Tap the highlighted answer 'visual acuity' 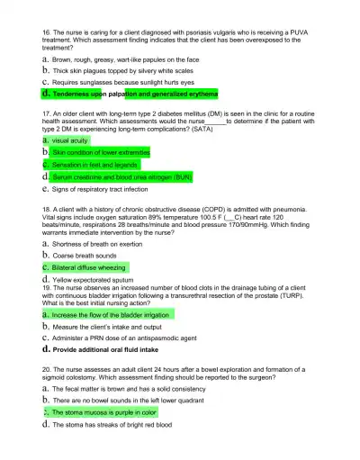pos(71,141)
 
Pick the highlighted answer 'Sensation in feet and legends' pos(94,166)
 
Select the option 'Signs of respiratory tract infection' pos(100,190)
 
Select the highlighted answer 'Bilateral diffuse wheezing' pos(89,267)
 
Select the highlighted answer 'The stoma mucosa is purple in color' pos(104,412)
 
